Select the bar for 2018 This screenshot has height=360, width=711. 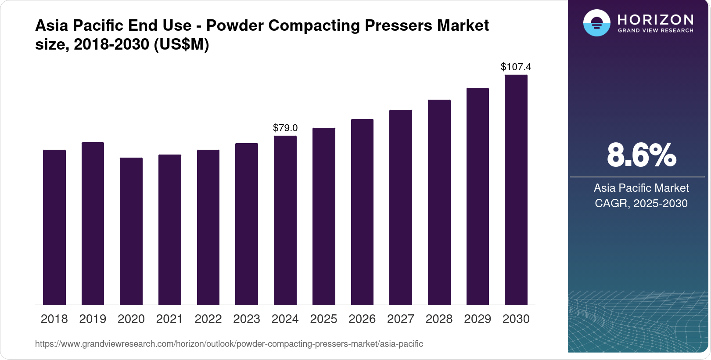pyautogui.click(x=54, y=227)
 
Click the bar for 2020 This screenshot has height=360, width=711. pyautogui.click(x=131, y=231)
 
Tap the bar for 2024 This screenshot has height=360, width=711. pyautogui.click(x=285, y=220)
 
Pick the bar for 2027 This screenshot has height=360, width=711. pyautogui.click(x=400, y=207)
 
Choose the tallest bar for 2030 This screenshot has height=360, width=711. pyautogui.click(x=516, y=190)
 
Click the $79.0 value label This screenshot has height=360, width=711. pyautogui.click(x=285, y=128)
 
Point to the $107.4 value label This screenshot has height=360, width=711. pyautogui.click(x=516, y=67)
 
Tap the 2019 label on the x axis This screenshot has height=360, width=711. pyautogui.click(x=93, y=319)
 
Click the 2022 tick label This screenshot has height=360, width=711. pyautogui.click(x=208, y=319)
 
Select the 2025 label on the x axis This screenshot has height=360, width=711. pyautogui.click(x=323, y=319)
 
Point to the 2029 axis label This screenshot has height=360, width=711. pyautogui.click(x=478, y=319)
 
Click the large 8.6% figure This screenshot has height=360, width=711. pyautogui.click(x=641, y=155)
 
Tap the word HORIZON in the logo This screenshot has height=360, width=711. pyautogui.click(x=655, y=20)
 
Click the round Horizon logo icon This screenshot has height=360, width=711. pyautogui.click(x=596, y=23)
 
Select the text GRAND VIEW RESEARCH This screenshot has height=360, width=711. pyautogui.click(x=655, y=31)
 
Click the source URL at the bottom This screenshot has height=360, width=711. pyautogui.click(x=229, y=344)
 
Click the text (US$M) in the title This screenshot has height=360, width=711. pyautogui.click(x=181, y=44)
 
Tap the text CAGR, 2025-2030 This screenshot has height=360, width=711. pyautogui.click(x=641, y=203)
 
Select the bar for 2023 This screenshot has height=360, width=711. pyautogui.click(x=247, y=224)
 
